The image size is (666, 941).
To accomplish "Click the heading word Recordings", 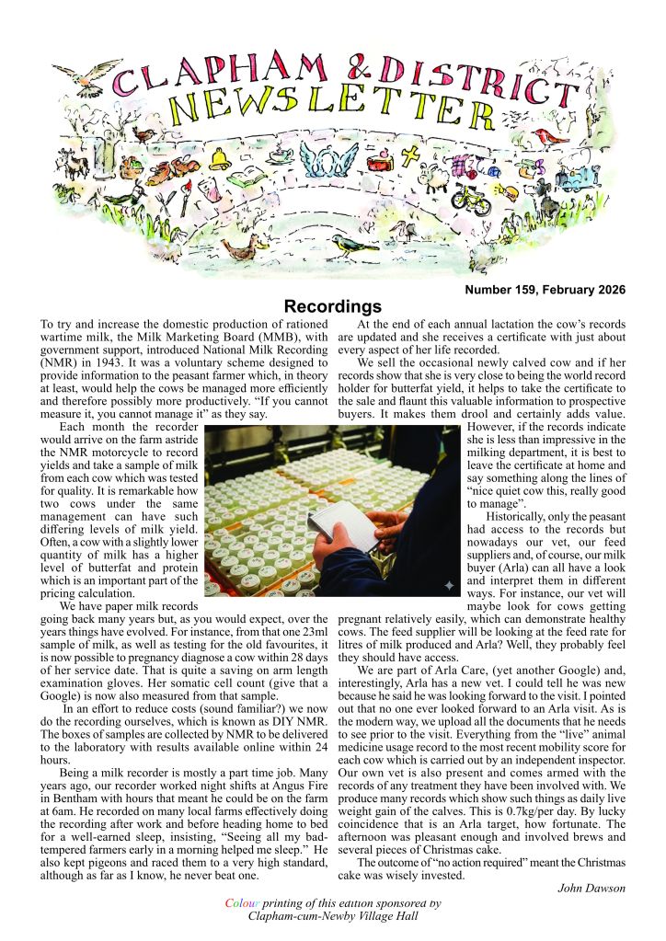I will (x=332, y=305).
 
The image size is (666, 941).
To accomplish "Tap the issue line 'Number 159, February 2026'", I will (x=545, y=290).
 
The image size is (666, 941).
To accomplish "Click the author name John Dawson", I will (x=591, y=887).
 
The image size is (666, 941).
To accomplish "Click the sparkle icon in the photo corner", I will (x=447, y=585).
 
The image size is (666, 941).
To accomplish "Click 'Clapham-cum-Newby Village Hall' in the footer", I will (x=332, y=916).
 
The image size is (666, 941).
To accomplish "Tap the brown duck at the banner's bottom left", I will (x=241, y=248).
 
